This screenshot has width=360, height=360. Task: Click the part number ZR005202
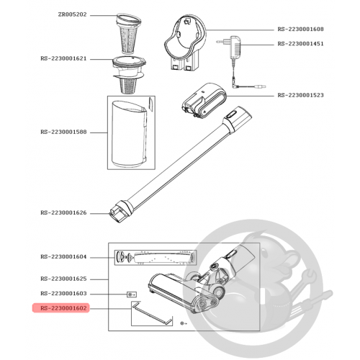(x=72, y=14)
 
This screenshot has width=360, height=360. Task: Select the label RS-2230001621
(x=63, y=59)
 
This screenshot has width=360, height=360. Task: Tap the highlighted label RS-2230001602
(x=63, y=308)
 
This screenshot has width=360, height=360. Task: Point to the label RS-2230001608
(x=300, y=30)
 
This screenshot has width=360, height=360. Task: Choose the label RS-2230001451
(x=300, y=44)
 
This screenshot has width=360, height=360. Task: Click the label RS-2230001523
(x=300, y=95)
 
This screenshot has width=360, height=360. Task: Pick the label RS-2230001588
(x=63, y=132)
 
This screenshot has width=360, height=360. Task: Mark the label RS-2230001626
(x=63, y=213)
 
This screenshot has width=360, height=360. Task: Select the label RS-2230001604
(x=63, y=257)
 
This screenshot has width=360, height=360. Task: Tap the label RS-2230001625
(x=63, y=279)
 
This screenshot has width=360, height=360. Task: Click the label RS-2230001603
(x=63, y=294)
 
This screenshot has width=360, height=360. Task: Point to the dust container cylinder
(x=129, y=134)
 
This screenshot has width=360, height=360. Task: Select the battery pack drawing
(x=204, y=100)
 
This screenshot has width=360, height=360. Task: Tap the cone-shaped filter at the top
(x=129, y=33)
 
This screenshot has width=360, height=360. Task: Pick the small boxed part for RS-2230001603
(x=132, y=294)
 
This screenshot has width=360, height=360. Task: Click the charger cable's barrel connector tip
(x=261, y=86)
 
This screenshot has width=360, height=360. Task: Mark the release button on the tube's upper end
(x=232, y=113)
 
